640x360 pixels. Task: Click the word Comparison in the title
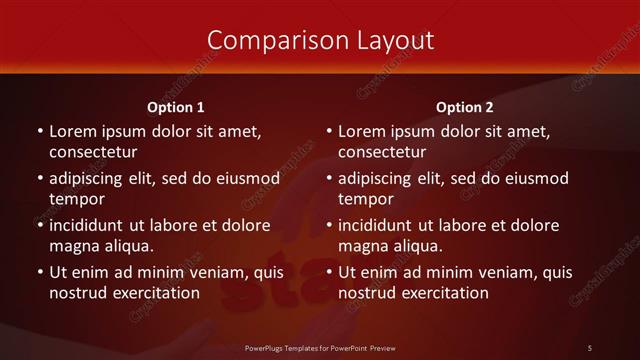(x=268, y=40)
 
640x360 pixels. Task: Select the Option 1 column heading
(x=176, y=107)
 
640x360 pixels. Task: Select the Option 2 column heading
(x=465, y=107)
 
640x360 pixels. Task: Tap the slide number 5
(x=590, y=348)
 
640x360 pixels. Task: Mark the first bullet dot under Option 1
(x=39, y=132)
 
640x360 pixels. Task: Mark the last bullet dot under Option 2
(x=328, y=273)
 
